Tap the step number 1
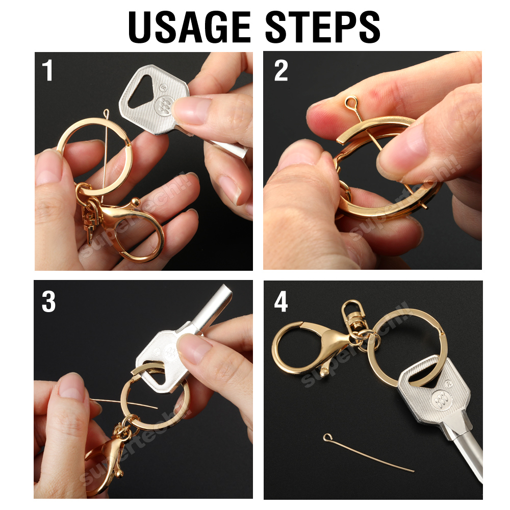(47, 71)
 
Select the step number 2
(281, 71)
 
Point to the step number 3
(48, 302)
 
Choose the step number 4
(281, 302)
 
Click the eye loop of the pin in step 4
(327, 438)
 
